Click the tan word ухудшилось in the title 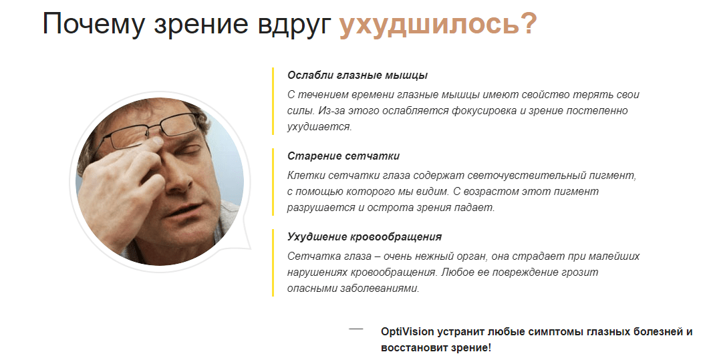(x=428, y=25)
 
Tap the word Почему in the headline (x=93, y=23)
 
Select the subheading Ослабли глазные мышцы (x=358, y=75)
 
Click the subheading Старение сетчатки (x=343, y=156)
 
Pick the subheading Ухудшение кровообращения (x=365, y=237)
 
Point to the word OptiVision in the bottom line (x=407, y=331)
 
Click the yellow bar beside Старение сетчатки (x=273, y=182)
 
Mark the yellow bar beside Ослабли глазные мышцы (x=273, y=101)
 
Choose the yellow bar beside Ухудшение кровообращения (x=273, y=263)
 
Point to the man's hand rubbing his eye (x=122, y=182)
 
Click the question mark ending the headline (x=528, y=23)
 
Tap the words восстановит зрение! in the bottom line (x=436, y=348)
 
